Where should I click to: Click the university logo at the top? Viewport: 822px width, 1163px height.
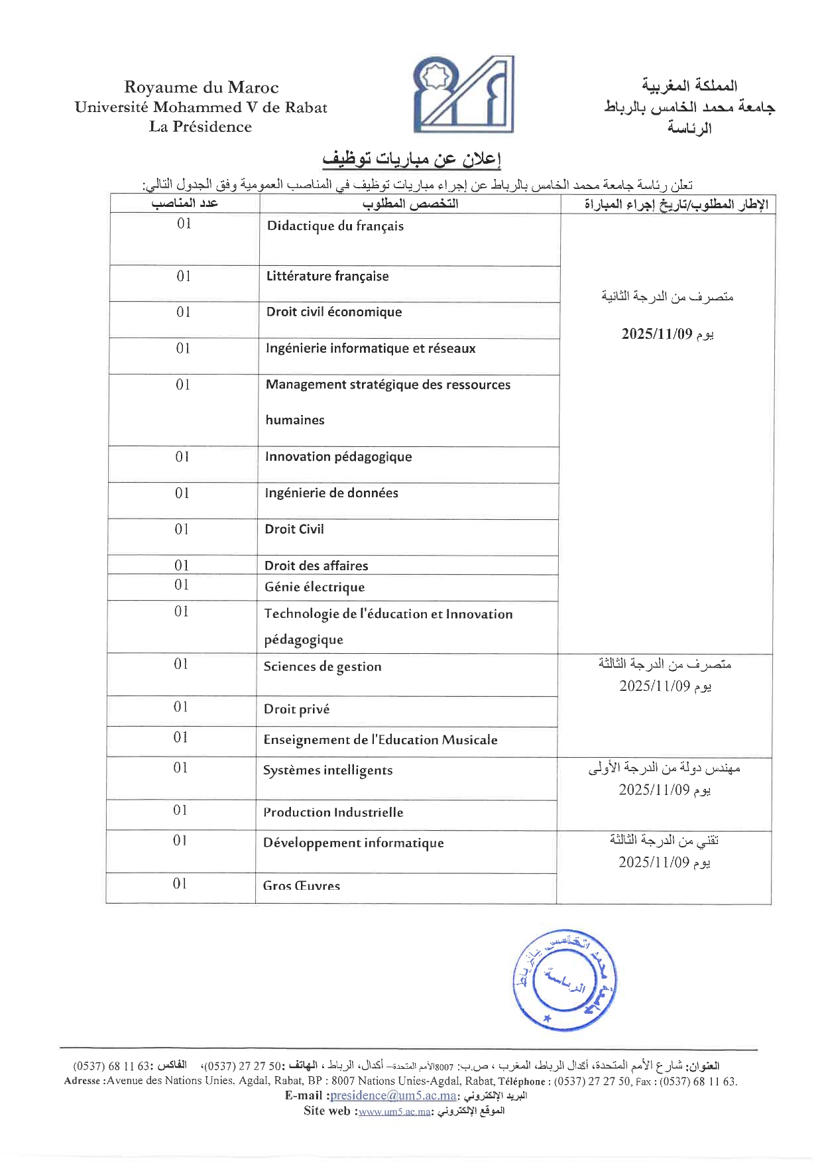click(x=463, y=94)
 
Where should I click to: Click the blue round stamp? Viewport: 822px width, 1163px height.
click(x=564, y=980)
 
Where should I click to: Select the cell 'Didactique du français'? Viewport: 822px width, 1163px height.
click(x=335, y=226)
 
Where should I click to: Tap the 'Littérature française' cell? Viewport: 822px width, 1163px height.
click(x=327, y=276)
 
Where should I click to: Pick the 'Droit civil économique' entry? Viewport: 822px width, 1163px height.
click(x=334, y=312)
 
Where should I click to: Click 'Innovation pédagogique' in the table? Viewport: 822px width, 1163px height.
click(x=338, y=457)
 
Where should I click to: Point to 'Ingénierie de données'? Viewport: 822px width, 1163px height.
click(x=331, y=493)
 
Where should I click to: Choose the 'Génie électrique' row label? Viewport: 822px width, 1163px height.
click(x=314, y=587)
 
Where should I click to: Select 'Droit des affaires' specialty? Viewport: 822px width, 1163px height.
click(x=316, y=566)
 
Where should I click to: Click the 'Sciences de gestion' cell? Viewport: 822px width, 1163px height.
click(x=322, y=667)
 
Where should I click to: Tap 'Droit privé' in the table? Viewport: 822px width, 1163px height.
click(x=296, y=709)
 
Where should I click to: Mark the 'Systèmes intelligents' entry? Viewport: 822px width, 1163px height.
click(x=327, y=770)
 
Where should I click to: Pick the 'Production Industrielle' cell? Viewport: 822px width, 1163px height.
click(x=333, y=812)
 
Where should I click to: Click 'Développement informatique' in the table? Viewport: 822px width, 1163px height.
click(x=353, y=843)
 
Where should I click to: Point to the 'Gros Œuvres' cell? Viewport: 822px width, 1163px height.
click(x=302, y=886)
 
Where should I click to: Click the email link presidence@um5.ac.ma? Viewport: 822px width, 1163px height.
click(x=393, y=1095)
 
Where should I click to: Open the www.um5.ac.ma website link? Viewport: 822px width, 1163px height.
click(x=394, y=1111)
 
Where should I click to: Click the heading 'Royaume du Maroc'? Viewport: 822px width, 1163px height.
click(x=201, y=87)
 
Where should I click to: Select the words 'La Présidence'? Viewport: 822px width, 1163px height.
click(x=200, y=127)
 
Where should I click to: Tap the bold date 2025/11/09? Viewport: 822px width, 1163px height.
click(x=656, y=334)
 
